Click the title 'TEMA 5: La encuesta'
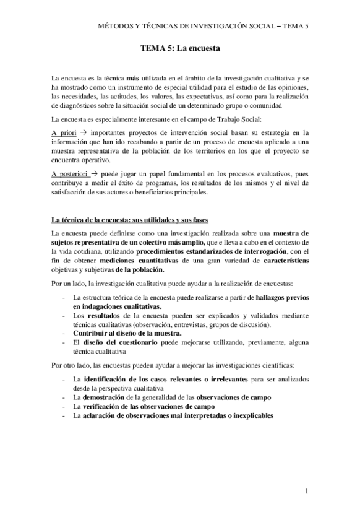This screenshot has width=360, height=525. point(181,48)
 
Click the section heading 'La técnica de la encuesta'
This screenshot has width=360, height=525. point(131,220)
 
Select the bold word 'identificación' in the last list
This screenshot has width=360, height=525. point(109,378)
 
